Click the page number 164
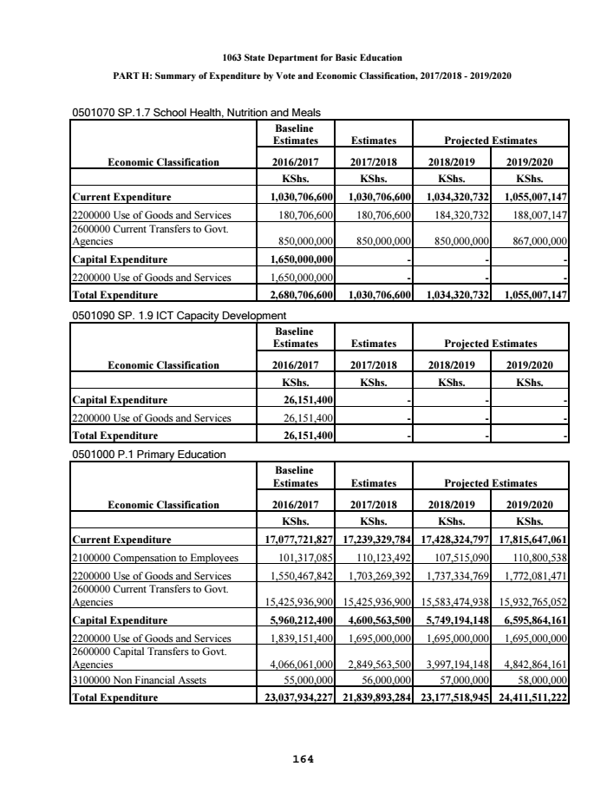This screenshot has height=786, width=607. coord(303,759)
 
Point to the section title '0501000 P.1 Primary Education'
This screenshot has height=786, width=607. coord(148,455)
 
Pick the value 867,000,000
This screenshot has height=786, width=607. coord(532,242)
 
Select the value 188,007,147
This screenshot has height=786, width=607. coord(532,215)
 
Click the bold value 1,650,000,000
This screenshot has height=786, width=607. coord(297,259)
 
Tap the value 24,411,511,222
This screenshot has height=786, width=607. coord(527,697)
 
